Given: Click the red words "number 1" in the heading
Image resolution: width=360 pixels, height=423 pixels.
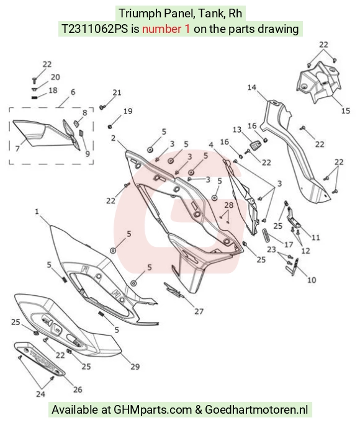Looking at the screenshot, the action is [x=166, y=29].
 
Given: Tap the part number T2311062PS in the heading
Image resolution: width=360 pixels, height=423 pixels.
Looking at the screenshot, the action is [x=95, y=29].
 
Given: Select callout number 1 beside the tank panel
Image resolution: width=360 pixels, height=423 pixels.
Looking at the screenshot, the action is [x=37, y=211].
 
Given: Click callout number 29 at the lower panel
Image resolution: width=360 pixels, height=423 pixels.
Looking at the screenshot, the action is [x=135, y=367].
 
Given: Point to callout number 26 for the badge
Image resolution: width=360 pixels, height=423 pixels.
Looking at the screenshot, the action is [x=78, y=390].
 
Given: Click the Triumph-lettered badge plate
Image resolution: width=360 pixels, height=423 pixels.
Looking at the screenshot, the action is [x=40, y=359].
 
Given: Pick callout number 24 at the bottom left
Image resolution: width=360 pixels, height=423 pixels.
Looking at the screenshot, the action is [x=40, y=394].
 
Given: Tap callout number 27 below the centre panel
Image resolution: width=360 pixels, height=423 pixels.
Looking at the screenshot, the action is [x=199, y=311].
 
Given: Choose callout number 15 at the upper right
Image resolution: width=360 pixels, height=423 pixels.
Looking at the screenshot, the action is [x=346, y=110].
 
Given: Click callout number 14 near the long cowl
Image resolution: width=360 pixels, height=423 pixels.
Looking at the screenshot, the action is [x=252, y=87].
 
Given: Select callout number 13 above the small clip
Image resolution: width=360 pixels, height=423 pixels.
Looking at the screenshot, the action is [x=237, y=130].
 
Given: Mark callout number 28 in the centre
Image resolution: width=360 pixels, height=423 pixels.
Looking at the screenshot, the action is [x=229, y=205].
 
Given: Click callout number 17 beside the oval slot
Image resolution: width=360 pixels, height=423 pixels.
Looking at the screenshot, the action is [x=289, y=244].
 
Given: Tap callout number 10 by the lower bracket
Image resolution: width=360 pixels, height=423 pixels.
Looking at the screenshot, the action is [x=312, y=280].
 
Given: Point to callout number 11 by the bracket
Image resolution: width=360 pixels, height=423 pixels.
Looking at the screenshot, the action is [x=315, y=238].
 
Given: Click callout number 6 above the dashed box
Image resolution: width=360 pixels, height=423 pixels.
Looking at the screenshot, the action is [x=73, y=92].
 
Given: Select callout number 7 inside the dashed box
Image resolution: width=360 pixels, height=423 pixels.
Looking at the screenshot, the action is [x=17, y=149].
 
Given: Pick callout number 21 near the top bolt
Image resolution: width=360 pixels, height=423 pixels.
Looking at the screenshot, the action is [x=117, y=92].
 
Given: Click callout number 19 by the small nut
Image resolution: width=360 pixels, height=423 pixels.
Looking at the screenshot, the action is [x=128, y=111].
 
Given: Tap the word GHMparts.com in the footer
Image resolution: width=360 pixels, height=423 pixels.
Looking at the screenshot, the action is [x=153, y=410].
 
